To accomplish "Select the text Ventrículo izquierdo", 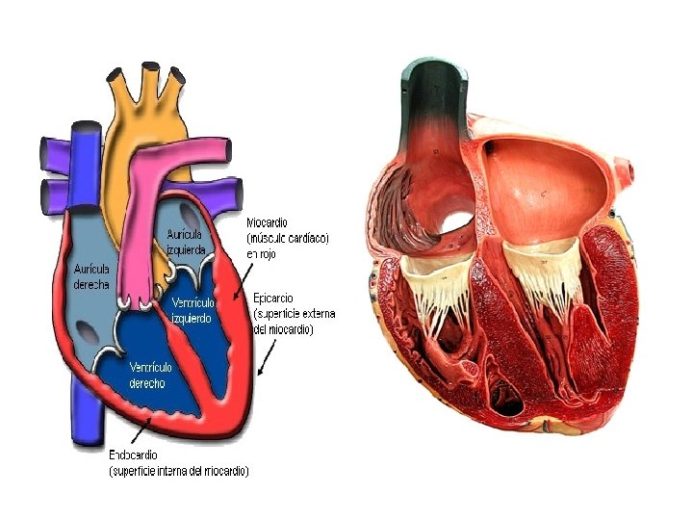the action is [x=192, y=309].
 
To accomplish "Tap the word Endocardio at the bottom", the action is [x=135, y=455].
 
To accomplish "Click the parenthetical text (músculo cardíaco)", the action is [x=289, y=237].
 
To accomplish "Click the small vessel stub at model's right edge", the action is [x=630, y=173].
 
